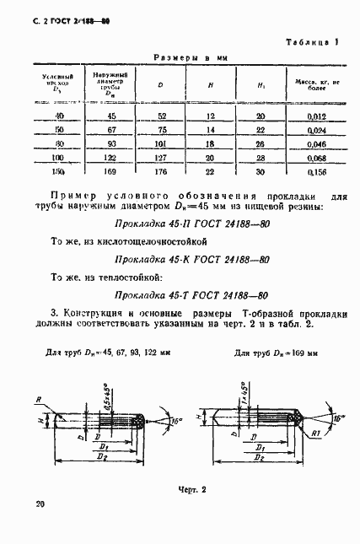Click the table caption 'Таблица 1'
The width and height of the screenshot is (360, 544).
[313, 41]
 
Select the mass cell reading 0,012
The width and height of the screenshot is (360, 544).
[317, 115]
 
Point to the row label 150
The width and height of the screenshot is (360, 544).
[59, 172]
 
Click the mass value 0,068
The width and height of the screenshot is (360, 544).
[317, 158]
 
